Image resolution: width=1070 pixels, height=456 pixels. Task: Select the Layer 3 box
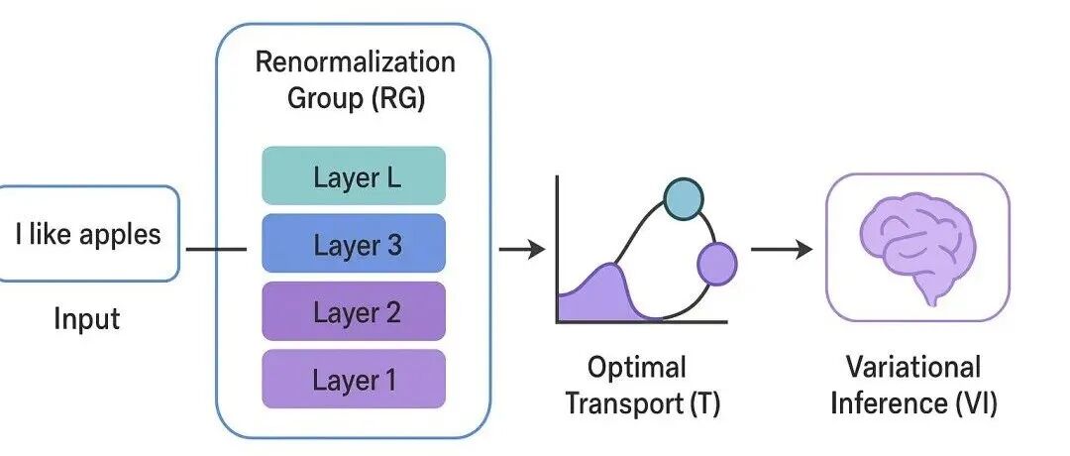click(354, 244)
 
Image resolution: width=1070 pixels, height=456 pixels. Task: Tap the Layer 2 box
click(354, 312)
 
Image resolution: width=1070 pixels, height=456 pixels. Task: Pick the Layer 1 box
click(354, 379)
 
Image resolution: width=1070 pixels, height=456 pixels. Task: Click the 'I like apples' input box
click(89, 234)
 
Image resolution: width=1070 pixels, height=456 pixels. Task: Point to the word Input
click(86, 319)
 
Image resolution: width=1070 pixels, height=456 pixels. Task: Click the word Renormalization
click(355, 61)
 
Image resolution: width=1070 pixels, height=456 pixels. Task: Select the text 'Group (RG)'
click(355, 99)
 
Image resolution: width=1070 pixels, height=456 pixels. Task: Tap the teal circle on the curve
click(683, 198)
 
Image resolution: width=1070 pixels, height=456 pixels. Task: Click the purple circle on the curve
click(717, 264)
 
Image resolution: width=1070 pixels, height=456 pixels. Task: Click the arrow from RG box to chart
click(521, 250)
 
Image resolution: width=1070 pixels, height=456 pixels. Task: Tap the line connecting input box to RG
click(215, 249)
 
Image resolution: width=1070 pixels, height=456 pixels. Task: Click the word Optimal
click(637, 368)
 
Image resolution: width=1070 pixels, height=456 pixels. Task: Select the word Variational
click(913, 368)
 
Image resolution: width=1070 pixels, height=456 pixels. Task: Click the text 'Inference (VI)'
click(913, 404)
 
